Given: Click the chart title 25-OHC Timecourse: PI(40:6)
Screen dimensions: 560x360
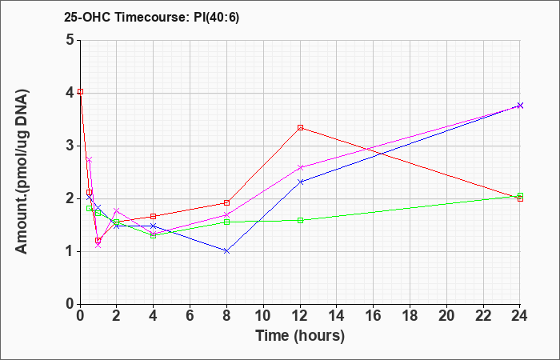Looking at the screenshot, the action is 151,17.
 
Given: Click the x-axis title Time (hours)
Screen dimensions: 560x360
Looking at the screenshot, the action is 300,336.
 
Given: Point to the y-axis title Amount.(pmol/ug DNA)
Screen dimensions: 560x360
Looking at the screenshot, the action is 22,171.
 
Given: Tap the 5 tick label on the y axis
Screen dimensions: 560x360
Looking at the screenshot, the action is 70,40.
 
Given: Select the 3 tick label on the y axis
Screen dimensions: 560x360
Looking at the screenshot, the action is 70,146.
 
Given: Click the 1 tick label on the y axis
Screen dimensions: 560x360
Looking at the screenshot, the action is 70,251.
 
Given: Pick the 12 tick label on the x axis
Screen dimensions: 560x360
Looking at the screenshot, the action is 300,315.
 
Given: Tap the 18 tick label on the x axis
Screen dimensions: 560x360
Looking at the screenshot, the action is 410,315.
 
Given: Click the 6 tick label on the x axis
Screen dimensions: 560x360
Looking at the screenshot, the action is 190,315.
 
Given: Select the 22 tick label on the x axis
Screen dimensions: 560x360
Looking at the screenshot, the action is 483,315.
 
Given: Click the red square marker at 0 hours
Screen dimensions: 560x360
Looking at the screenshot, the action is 80,92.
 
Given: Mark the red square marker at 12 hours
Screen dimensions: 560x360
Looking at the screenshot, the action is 300,127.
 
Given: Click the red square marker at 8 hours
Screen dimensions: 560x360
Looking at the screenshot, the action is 226,203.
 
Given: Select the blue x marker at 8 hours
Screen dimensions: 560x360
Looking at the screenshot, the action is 226,251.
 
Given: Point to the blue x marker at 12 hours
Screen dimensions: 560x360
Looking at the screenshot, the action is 300,182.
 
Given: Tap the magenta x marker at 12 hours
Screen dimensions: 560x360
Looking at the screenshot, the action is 300,167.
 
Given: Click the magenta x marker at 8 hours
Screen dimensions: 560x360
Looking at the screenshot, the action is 226,215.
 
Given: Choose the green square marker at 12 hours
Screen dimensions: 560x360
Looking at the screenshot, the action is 300,220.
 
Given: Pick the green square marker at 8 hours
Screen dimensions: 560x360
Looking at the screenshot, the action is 226,222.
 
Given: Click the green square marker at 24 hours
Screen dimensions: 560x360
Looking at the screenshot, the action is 520,195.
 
